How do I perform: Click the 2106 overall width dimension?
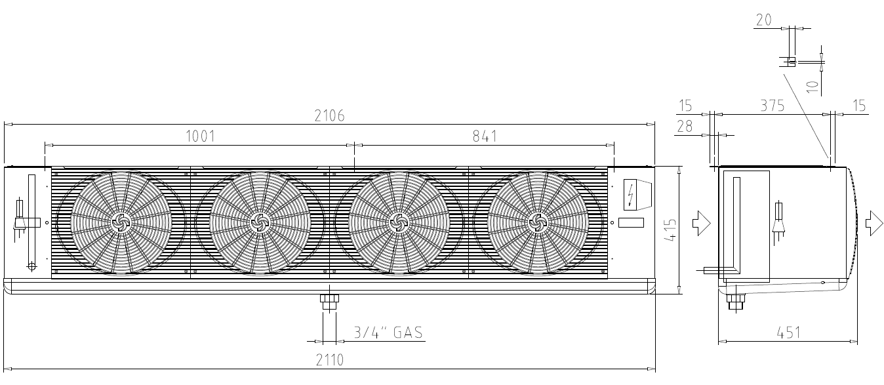point(329,115)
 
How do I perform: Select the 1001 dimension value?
point(201,136)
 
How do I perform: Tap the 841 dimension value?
point(485,136)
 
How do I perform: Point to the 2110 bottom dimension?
point(329,360)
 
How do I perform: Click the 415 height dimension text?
point(670,230)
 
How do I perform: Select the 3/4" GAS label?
point(388,333)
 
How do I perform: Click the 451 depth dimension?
point(788,333)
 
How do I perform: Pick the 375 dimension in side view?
point(773,106)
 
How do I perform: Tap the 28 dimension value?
point(685,127)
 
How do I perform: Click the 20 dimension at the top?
point(763,20)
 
